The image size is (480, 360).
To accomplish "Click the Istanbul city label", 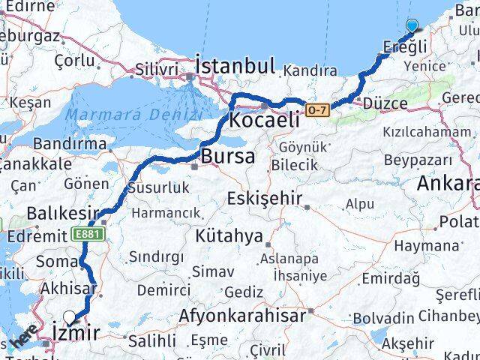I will pos(235,65).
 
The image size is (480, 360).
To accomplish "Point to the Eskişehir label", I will pos(266,199).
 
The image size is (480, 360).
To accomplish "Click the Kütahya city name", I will pos(229,236).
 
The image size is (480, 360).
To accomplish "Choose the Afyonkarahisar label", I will pos(241,315).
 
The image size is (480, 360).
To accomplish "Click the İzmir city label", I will pos(76,331).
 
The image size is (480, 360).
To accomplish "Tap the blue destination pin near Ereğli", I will pos(412,27).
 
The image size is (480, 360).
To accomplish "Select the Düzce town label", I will pos(383,103).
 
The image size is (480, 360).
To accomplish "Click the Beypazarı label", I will pos(418,160).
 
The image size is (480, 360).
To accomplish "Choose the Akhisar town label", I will pos(68,289).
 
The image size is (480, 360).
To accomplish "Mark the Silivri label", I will pos(157,70).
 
